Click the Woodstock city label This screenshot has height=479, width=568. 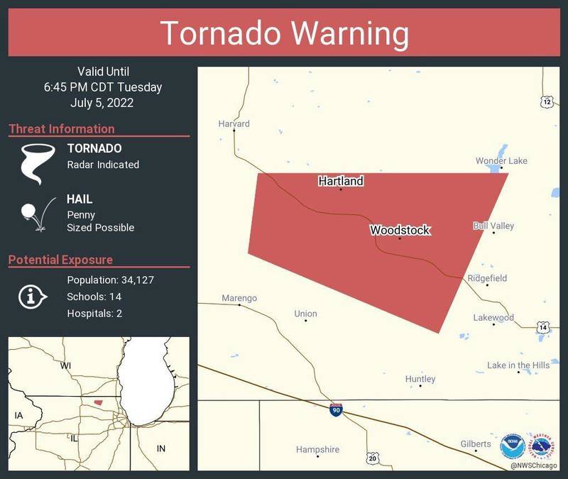coord(400,231)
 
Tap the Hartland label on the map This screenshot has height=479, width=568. coord(341,181)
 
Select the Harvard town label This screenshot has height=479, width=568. coord(234,123)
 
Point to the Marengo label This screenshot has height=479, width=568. coord(239,298)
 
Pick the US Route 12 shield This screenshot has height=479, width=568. coord(545,101)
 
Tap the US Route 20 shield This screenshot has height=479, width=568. coord(373,458)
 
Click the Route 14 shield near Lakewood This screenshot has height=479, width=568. coord(542,327)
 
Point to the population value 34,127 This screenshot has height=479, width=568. coord(133,280)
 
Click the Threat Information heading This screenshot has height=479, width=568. coord(62,128)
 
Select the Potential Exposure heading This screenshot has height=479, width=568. coord(60,260)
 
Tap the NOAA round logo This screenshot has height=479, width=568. coord(511,446)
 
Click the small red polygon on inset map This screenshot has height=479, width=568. coord(97,402)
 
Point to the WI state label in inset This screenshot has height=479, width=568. coord(65,365)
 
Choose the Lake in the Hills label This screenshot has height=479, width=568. coord(518,365)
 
